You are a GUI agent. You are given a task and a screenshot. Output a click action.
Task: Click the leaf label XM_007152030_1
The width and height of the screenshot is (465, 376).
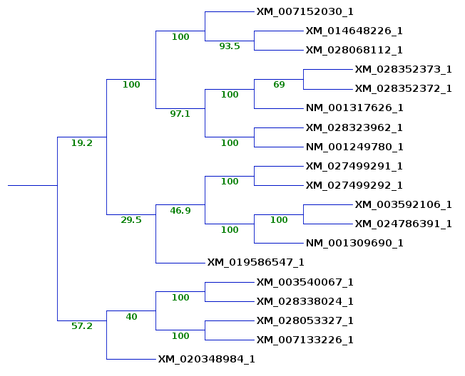305,11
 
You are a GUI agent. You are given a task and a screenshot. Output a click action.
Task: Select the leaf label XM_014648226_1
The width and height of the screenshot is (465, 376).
354,31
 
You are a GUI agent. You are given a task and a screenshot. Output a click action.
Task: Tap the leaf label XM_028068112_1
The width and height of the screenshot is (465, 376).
354,50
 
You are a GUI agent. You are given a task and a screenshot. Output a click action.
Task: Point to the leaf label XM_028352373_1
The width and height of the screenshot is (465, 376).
403,69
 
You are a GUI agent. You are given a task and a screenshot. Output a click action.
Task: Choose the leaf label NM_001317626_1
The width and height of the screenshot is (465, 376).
354,108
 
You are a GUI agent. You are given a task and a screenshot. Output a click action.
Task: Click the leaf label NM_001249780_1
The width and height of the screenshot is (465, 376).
354,147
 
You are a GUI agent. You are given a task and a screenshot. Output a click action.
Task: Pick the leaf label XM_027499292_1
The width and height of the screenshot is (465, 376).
354,185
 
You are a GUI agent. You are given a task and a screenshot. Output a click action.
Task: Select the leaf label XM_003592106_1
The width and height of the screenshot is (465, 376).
403,204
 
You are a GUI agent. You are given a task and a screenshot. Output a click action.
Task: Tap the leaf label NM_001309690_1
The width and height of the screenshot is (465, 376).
354,243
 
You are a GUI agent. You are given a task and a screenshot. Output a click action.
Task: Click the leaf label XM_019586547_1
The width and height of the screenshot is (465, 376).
255,262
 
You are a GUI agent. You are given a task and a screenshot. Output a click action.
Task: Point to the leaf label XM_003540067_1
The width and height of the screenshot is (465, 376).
305,282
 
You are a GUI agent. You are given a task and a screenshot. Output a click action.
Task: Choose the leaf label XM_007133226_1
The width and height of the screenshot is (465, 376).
305,340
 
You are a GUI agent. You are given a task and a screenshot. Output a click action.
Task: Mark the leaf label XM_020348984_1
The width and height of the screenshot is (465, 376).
206,359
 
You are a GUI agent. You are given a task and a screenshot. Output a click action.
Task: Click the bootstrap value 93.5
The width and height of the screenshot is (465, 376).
230,46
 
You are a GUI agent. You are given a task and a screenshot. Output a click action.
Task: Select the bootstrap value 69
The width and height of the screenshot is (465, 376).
279,85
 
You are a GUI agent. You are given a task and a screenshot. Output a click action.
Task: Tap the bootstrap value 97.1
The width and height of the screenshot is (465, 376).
180,114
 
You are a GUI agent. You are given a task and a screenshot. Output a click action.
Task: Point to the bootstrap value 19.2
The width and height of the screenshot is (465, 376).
81,143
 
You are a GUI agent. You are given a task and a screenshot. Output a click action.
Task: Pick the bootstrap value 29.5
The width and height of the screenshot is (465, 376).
131,220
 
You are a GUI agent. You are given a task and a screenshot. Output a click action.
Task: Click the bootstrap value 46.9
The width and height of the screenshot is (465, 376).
180,211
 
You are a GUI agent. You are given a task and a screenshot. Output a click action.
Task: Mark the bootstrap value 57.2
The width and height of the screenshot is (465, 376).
81,326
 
